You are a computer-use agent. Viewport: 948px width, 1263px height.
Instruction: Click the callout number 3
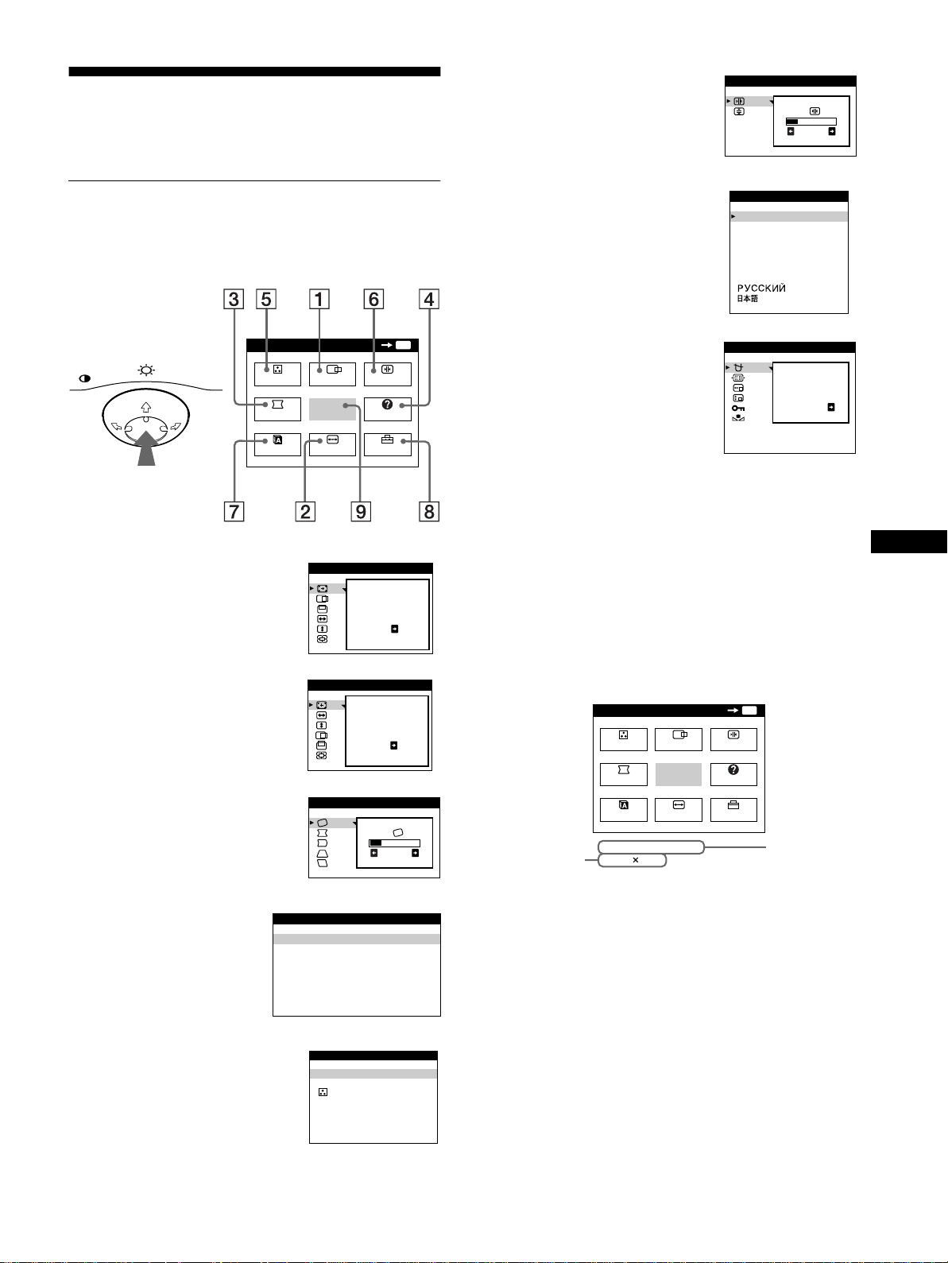point(234,299)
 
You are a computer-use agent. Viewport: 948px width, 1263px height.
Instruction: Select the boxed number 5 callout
point(265,299)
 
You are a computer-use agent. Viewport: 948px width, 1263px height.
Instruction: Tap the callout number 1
point(319,299)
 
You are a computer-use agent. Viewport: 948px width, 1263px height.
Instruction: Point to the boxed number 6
point(373,299)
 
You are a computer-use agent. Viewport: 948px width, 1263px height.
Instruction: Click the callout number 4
point(428,299)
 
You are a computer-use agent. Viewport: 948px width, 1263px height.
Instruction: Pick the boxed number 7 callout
point(234,512)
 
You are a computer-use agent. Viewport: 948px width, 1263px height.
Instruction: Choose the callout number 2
point(305,512)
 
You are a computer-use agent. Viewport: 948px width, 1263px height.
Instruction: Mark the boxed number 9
point(361,512)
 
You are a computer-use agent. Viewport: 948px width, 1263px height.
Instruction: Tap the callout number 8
point(428,512)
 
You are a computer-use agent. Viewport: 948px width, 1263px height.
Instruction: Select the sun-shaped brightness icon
point(146,370)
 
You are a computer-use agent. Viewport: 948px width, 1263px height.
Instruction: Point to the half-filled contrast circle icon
point(84,378)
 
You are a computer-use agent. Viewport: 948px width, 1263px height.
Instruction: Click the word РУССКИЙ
point(761,289)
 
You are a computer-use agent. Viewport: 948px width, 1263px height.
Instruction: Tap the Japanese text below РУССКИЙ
point(747,299)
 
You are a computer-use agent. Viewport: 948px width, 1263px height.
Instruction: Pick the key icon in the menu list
point(738,409)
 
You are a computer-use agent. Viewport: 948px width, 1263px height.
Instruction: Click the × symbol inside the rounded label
point(635,860)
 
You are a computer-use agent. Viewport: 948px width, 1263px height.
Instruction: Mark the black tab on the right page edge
point(909,542)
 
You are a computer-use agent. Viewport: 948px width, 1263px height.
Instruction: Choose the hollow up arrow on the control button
point(146,408)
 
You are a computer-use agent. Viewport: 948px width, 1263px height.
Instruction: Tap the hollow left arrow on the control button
point(116,426)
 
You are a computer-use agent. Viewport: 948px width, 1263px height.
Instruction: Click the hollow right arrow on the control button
point(176,426)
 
